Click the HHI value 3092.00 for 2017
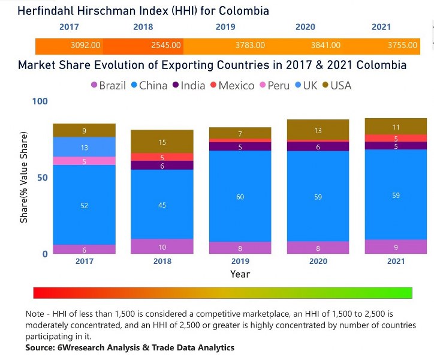(x=85, y=46)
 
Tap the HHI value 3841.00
(x=325, y=46)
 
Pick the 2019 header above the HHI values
(x=225, y=27)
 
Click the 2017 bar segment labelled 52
(x=84, y=205)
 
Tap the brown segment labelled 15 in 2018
(x=162, y=142)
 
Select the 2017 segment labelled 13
(x=84, y=147)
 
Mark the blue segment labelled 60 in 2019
(x=240, y=197)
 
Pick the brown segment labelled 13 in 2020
(x=318, y=130)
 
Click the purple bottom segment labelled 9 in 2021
(x=396, y=247)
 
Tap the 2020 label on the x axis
(x=318, y=262)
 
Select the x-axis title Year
(x=240, y=274)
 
